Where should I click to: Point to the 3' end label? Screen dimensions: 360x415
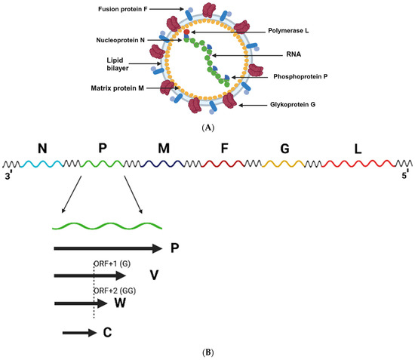(x=9, y=176)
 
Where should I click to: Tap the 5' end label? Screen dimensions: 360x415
(x=405, y=176)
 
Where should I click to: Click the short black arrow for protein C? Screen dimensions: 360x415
(x=77, y=332)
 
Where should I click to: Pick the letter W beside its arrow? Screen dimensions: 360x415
(x=119, y=303)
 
